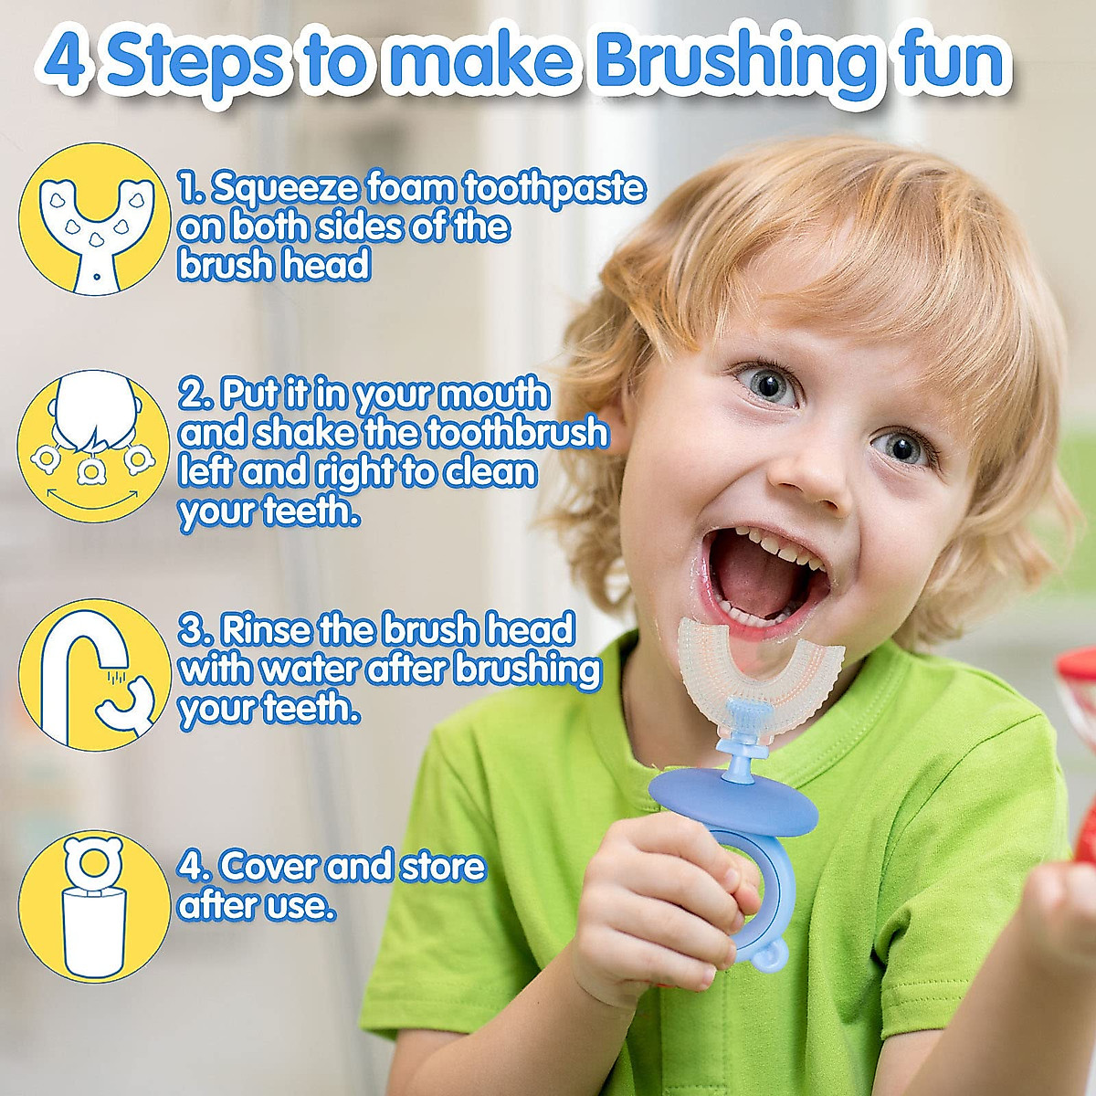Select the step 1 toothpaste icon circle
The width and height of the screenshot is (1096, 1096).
pyautogui.click(x=95, y=219)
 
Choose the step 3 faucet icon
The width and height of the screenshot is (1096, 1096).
pyautogui.click(x=95, y=675)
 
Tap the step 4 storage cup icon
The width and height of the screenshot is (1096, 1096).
pyautogui.click(x=94, y=904)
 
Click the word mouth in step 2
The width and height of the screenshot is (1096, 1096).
pyautogui.click(x=494, y=395)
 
